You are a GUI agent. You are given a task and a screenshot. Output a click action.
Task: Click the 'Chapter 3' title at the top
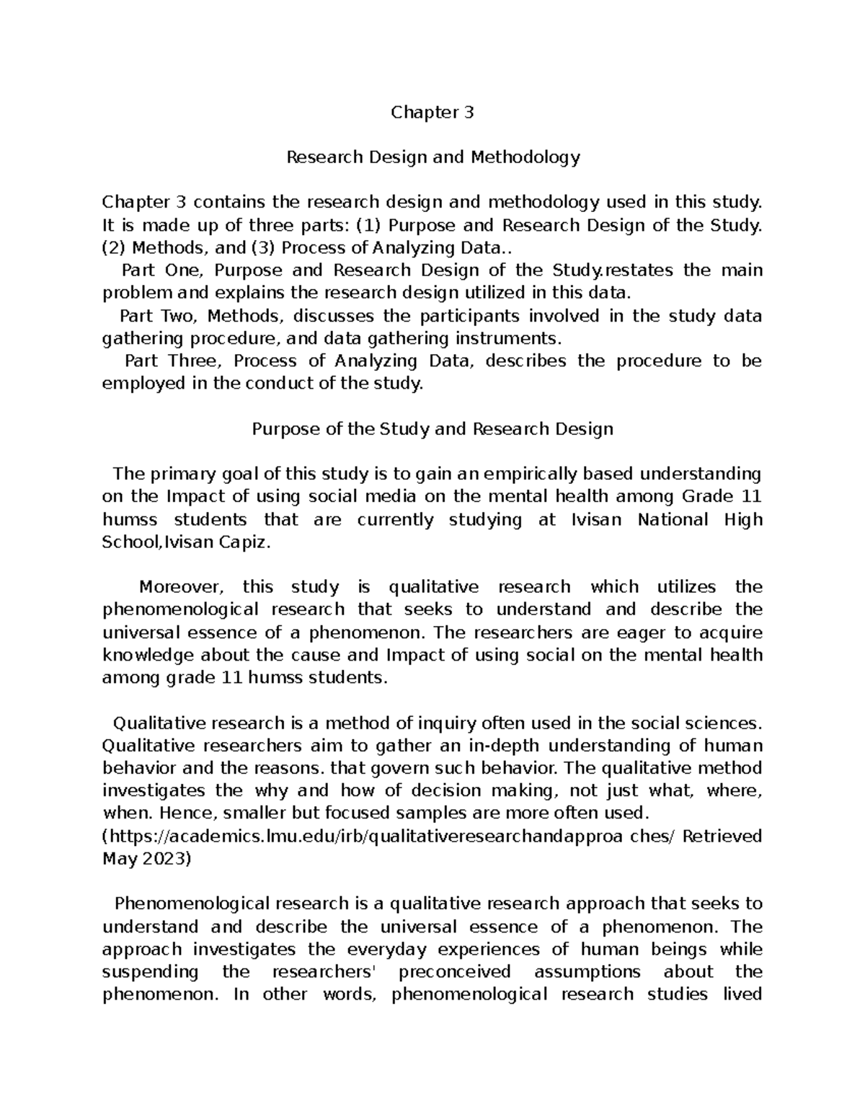coord(432,113)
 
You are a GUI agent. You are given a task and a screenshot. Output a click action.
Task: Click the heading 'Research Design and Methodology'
coord(432,157)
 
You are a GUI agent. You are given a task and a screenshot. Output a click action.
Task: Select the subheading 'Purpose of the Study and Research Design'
coord(432,429)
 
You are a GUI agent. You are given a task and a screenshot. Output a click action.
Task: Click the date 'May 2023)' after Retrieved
coord(147,859)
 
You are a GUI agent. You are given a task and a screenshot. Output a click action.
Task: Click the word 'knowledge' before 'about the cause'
coord(148,656)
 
